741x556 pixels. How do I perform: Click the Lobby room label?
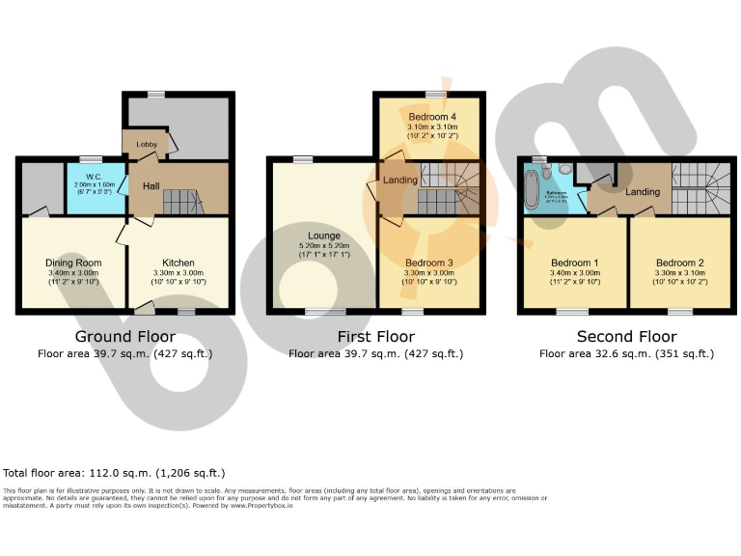point(147,145)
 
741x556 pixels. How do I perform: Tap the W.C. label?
point(93,176)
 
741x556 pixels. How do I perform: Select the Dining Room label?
point(73,263)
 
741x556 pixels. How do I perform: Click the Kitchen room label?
point(178,263)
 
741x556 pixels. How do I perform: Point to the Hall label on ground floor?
point(151,185)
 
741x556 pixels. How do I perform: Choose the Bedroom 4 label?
point(429,117)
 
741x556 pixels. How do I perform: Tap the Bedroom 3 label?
point(429,263)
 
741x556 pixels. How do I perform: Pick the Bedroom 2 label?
point(679,263)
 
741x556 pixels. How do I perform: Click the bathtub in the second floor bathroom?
point(532,189)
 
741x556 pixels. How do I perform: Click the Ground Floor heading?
point(125,337)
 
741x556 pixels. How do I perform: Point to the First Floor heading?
point(376,337)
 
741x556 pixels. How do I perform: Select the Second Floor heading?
point(626,337)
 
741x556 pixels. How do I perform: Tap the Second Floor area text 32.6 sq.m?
point(626,354)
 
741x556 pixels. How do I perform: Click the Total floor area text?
point(114,473)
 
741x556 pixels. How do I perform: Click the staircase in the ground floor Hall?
point(181,202)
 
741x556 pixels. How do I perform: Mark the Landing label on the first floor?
point(400,181)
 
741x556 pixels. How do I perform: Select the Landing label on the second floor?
point(643,191)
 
